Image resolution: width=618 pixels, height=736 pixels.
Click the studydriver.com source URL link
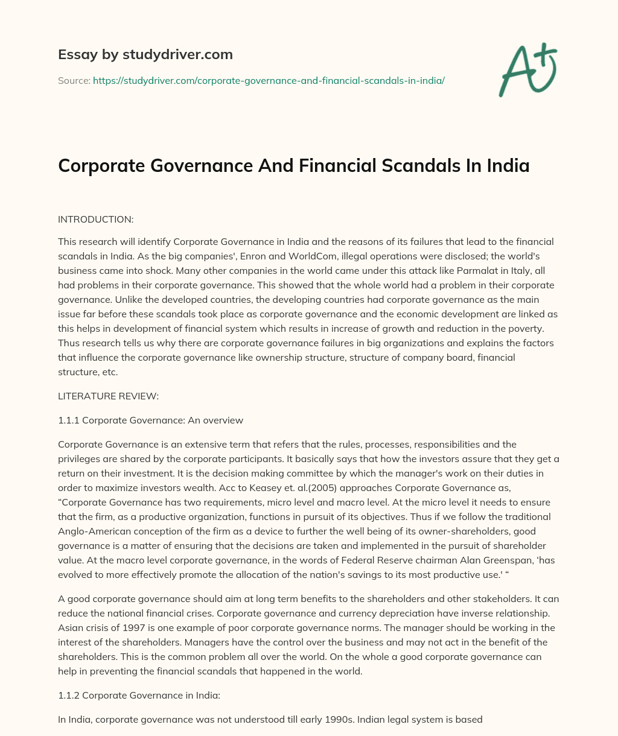tap(269, 80)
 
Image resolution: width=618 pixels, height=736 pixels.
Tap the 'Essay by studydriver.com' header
tap(145, 54)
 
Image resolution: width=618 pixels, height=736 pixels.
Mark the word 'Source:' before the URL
tap(74, 80)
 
